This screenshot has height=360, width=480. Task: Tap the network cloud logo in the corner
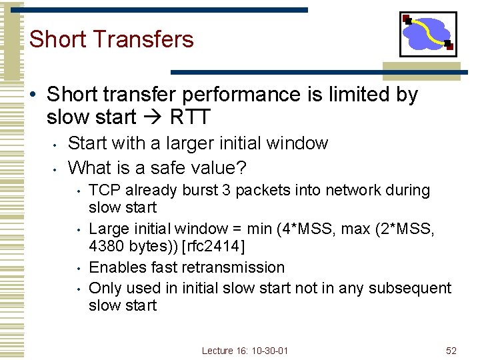point(428,34)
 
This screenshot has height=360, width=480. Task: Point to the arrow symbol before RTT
point(153,117)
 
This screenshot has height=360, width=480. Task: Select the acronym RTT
point(190,117)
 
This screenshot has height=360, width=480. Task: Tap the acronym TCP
point(103,190)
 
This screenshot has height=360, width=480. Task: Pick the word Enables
point(114,267)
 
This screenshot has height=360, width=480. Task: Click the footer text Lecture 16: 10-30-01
point(245,350)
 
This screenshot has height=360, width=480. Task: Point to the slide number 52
point(451,350)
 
